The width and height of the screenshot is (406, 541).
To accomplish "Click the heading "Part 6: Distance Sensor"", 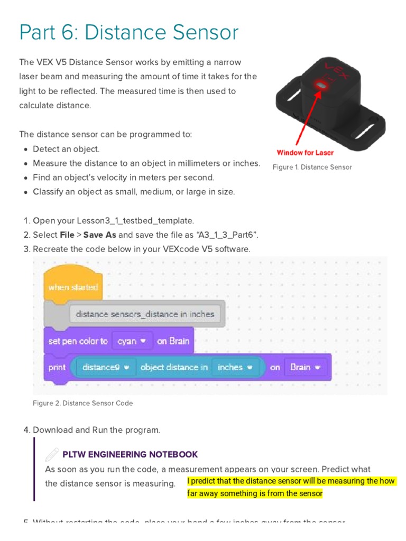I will [x=129, y=33].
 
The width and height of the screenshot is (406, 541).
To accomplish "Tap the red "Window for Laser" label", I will [x=305, y=153].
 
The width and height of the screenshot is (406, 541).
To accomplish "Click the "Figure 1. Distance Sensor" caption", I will [x=312, y=167].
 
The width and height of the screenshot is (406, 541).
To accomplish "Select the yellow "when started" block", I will [x=73, y=287].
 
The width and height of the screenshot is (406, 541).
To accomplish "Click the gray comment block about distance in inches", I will [x=145, y=314].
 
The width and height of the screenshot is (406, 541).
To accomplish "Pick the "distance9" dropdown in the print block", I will [x=106, y=367].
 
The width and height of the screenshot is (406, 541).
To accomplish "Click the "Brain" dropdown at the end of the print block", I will [x=305, y=367].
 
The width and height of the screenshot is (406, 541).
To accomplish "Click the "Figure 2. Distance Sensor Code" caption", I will [x=82, y=403].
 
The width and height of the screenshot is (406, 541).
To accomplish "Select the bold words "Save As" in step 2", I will [x=99, y=235].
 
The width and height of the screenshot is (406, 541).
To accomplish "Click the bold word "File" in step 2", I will [x=67, y=235].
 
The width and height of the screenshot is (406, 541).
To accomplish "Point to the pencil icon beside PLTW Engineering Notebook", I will [x=52, y=454].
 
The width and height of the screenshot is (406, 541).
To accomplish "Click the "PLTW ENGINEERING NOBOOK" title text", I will [x=130, y=454].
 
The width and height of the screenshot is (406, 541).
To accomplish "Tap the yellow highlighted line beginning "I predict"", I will [x=291, y=481].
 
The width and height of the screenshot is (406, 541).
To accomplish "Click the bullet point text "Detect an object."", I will [x=66, y=149].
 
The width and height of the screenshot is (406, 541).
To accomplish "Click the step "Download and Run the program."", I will [x=96, y=430].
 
